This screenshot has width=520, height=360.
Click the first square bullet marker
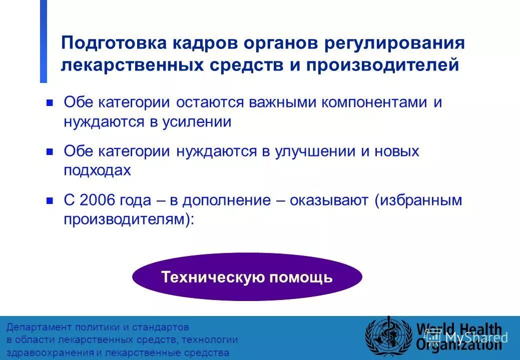coord(50,103)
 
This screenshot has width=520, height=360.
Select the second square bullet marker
coord(50,152)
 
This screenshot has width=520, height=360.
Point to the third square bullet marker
coord(50,201)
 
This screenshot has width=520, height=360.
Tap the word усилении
coord(196,122)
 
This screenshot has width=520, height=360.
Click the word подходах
coord(97,170)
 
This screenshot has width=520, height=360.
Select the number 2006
coord(97,200)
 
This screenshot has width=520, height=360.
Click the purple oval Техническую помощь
coord(247,277)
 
